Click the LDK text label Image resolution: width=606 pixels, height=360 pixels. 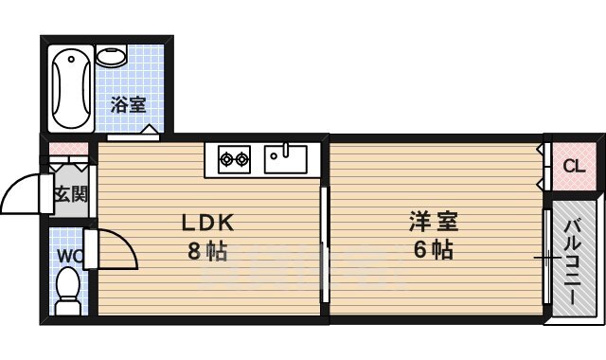click(x=208, y=224)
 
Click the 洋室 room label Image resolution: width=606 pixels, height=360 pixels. click(x=434, y=224)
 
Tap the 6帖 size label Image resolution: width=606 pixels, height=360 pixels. click(x=434, y=251)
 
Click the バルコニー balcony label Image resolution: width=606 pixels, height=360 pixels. click(x=574, y=256)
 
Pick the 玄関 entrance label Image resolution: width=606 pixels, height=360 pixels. click(x=69, y=195)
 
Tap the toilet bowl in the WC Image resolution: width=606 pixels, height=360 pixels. click(x=67, y=288)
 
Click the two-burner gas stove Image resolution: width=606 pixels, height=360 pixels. click(x=234, y=158)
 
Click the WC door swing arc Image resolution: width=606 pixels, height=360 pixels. click(x=118, y=248)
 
